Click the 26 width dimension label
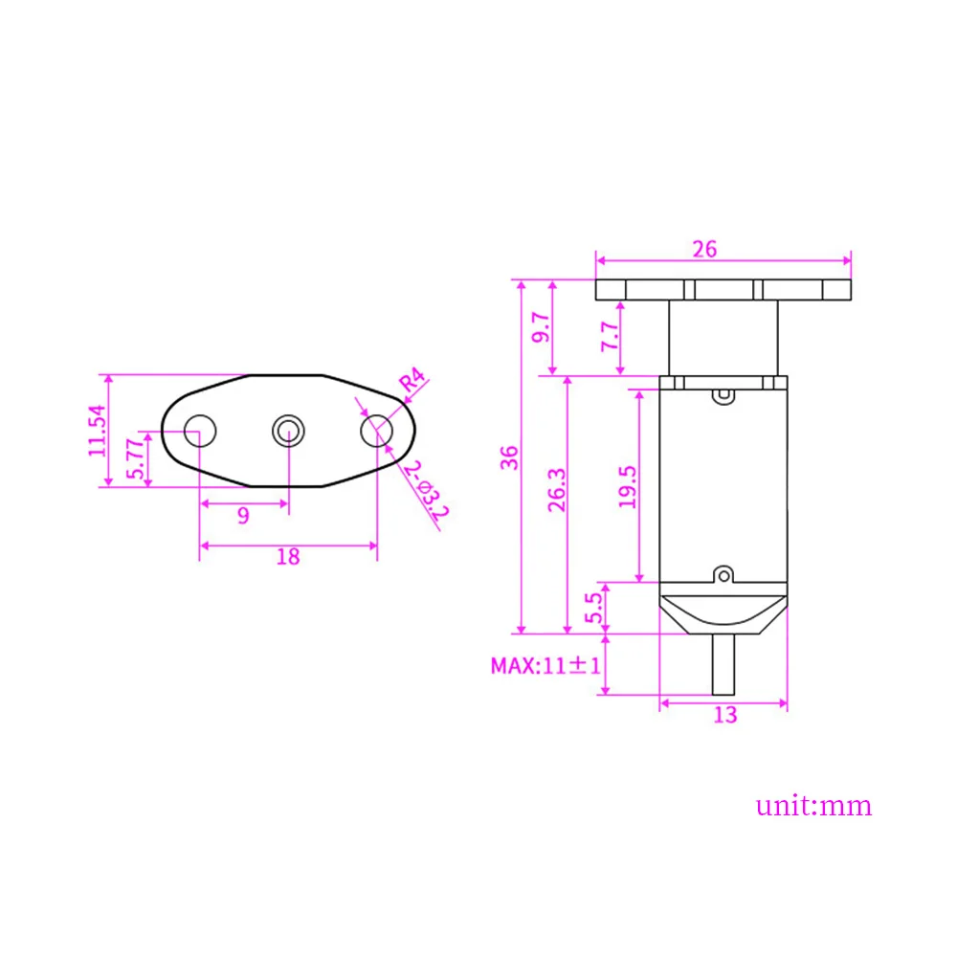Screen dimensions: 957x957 (x=705, y=250)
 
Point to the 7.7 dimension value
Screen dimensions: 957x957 (x=609, y=336)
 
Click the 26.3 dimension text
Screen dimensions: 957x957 (x=557, y=491)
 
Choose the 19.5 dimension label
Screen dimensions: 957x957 (x=627, y=486)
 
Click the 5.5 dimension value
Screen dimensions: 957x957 (x=593, y=607)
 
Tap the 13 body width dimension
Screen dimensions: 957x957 (x=725, y=714)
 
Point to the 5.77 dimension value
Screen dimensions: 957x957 (x=137, y=458)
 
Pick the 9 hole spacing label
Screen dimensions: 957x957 (x=243, y=516)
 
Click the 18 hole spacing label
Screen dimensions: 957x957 (x=287, y=556)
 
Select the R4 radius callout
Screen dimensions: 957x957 (x=411, y=381)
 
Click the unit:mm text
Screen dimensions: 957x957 (x=814, y=805)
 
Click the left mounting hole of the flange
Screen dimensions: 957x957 (x=199, y=431)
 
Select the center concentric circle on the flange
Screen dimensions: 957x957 (x=287, y=431)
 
